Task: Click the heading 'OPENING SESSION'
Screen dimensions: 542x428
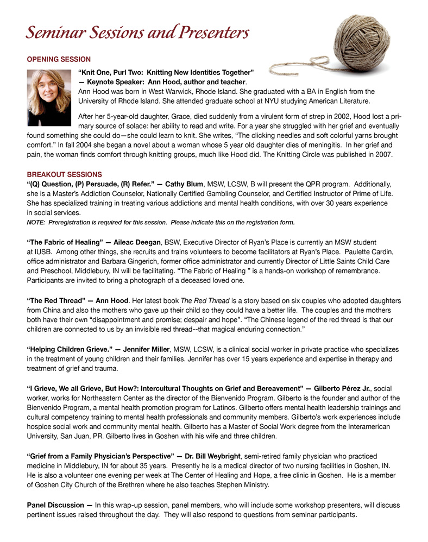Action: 59,59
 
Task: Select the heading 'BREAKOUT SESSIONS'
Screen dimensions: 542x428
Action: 64,174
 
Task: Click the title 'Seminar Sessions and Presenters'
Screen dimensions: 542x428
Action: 137,33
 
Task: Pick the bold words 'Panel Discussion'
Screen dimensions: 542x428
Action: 56,505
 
